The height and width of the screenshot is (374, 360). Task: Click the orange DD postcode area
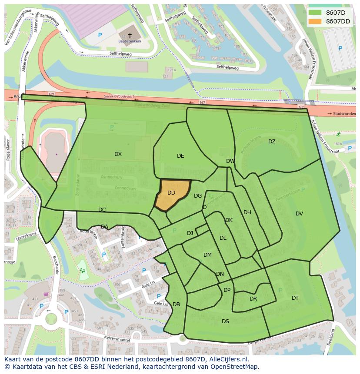(x=173, y=194)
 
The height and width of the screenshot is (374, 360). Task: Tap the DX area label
(x=118, y=154)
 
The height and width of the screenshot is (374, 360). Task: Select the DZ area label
(x=272, y=142)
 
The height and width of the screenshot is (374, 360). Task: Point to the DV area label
(x=299, y=214)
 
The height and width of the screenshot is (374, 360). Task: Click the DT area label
(x=295, y=298)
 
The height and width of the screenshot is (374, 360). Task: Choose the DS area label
(x=225, y=321)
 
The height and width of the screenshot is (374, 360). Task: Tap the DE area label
(x=180, y=156)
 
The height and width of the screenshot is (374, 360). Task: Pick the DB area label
(x=176, y=304)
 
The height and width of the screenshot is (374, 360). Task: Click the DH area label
(x=247, y=212)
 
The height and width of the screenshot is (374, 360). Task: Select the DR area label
(x=253, y=299)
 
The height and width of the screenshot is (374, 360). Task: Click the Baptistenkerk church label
(x=130, y=41)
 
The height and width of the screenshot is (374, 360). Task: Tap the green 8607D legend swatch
(x=315, y=12)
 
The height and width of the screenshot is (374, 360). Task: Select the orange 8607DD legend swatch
(x=315, y=21)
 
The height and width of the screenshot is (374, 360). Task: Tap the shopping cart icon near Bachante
(x=46, y=294)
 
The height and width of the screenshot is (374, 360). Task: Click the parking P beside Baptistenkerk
(x=100, y=35)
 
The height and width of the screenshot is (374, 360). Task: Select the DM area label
(x=207, y=255)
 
